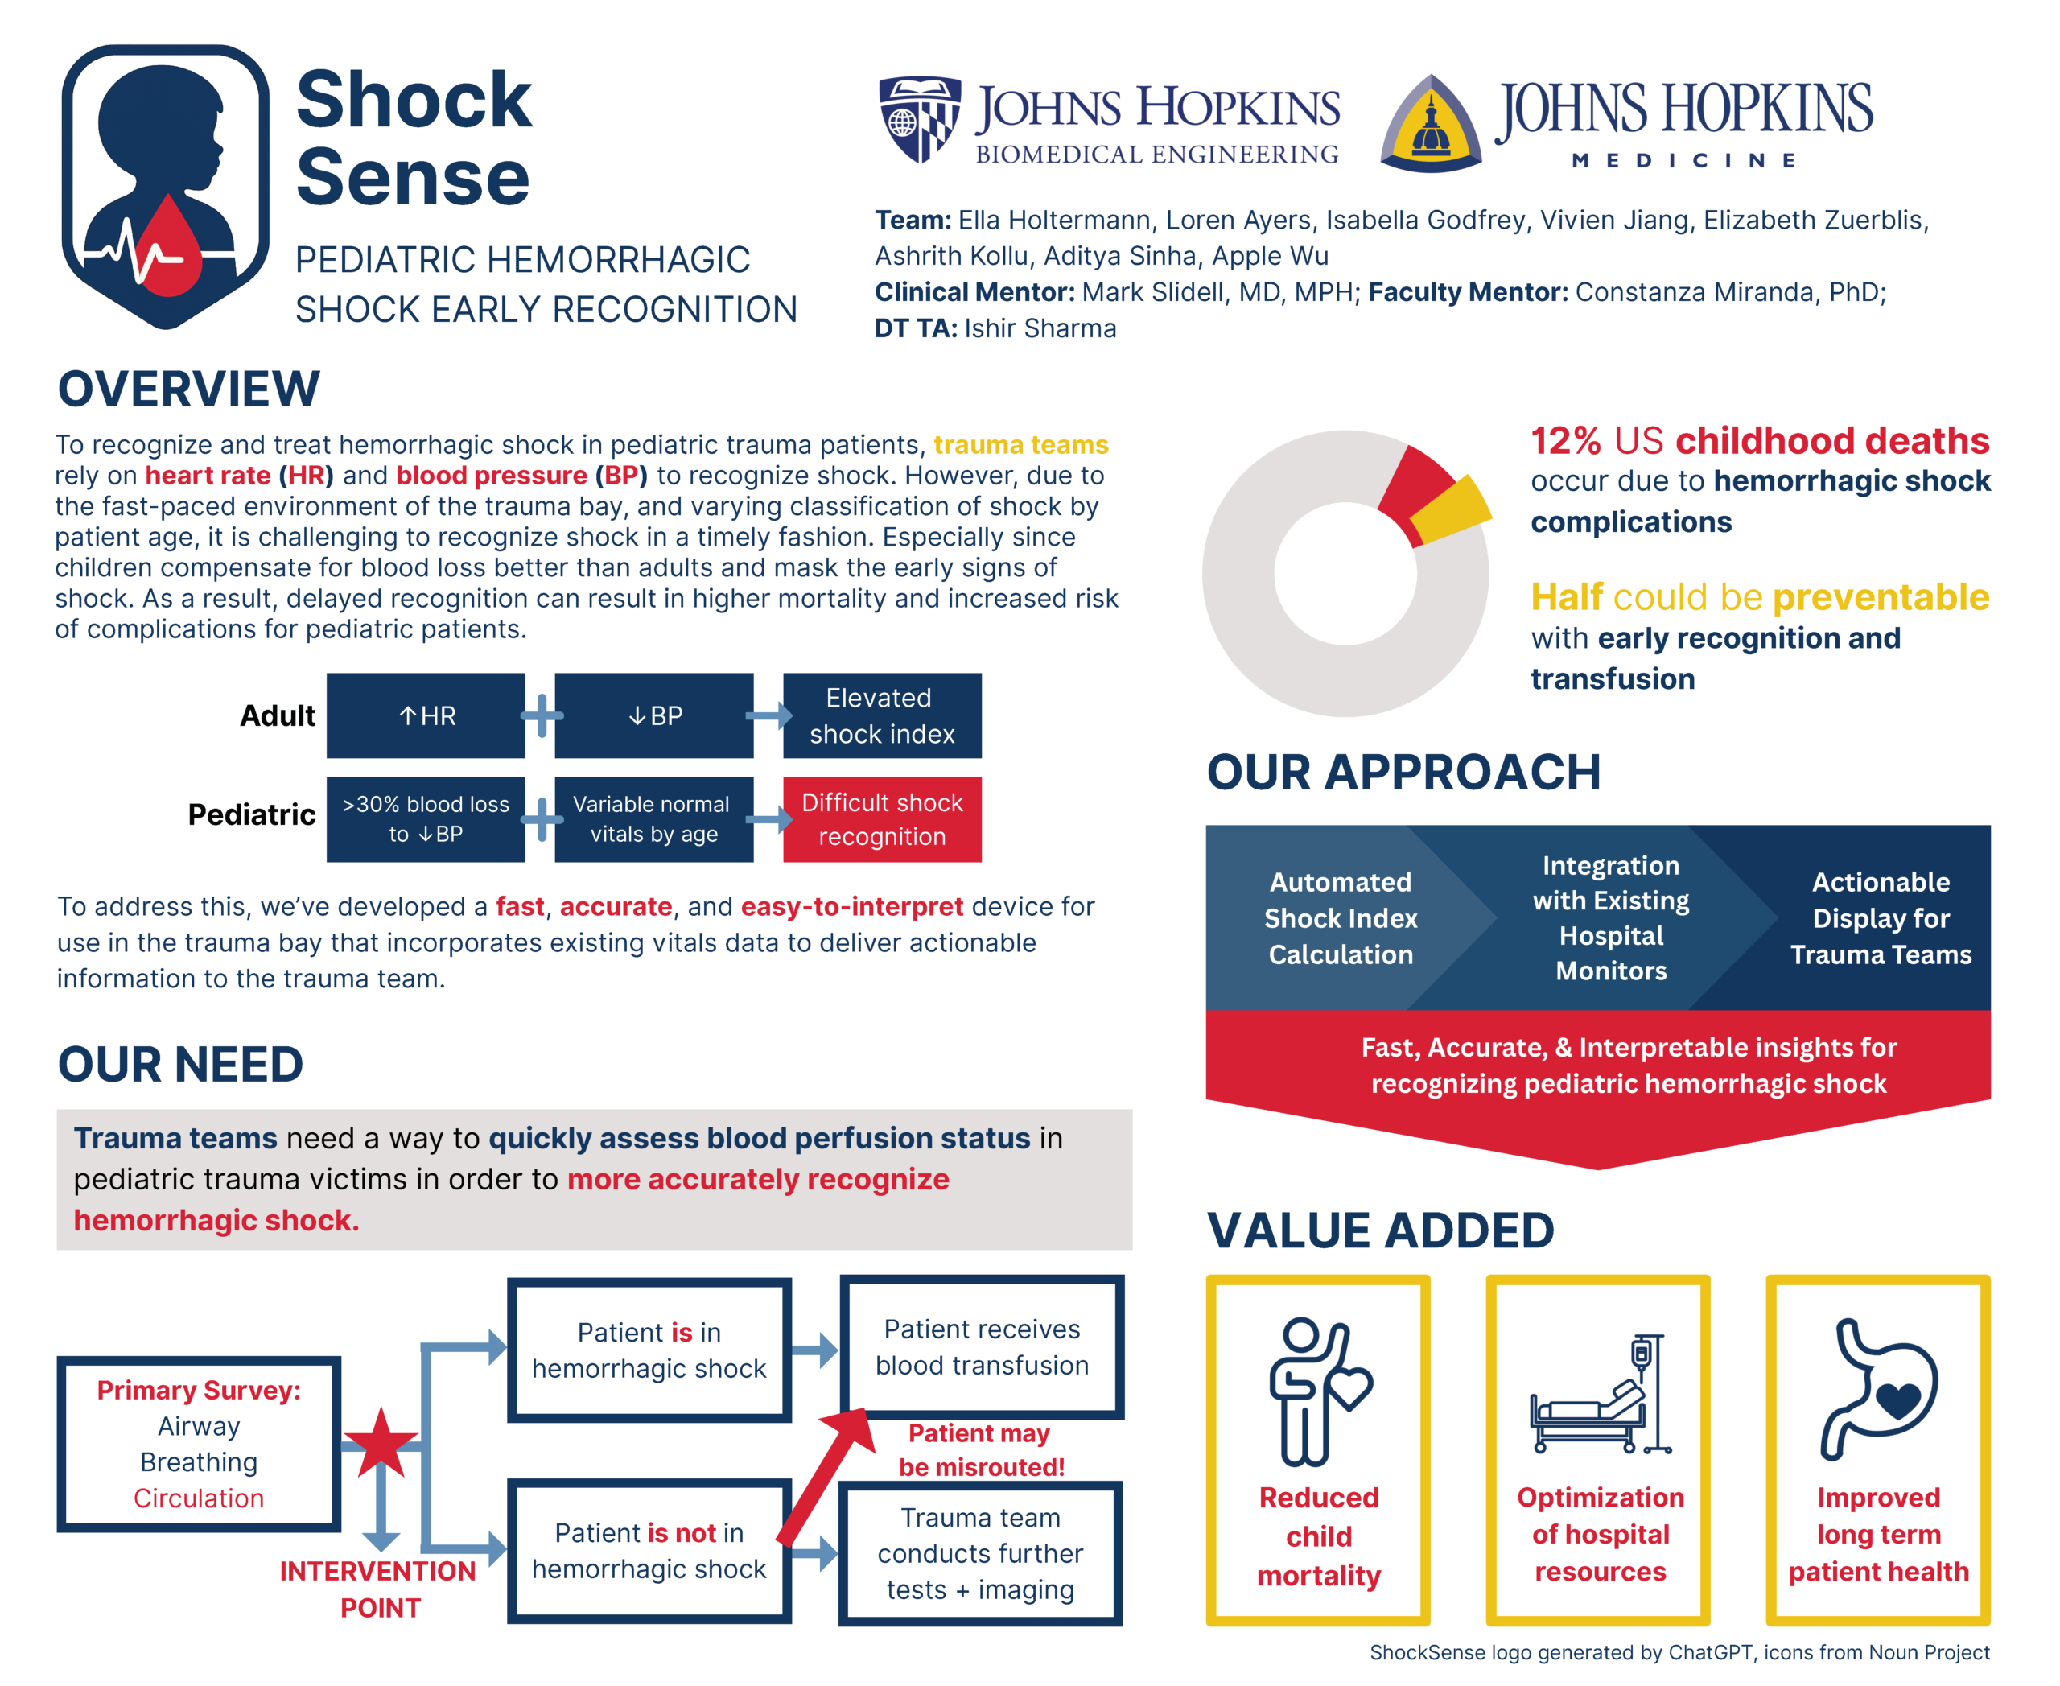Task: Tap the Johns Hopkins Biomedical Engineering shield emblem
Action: [919, 118]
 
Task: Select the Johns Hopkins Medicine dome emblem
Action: [1431, 124]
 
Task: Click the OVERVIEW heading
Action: [188, 390]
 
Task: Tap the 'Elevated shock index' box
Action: [881, 715]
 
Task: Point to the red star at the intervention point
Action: [380, 1443]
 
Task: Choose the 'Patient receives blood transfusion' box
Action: [981, 1347]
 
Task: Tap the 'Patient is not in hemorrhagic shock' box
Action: [649, 1550]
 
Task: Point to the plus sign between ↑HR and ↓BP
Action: [542, 715]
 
